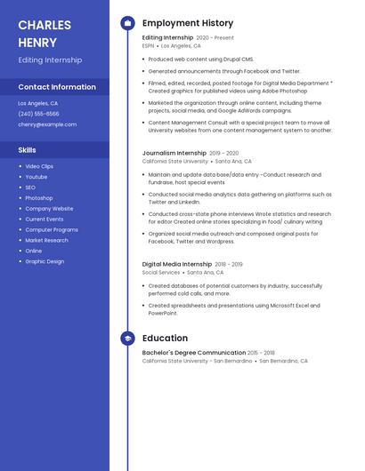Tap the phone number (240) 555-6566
coord(39,114)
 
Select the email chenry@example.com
coord(47,124)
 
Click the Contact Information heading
coord(57,87)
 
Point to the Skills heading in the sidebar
coord(28,150)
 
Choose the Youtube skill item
coord(36,177)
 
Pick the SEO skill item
coord(30,188)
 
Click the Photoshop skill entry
coord(39,198)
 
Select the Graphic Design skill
coord(45,261)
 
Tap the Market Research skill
coord(46,240)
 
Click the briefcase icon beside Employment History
coord(127,23)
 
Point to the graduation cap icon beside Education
coord(127,339)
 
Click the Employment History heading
coord(188,23)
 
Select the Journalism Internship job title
coord(174,153)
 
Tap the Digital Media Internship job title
coord(177,264)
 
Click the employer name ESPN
coord(148,45)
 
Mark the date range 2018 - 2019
coord(229,264)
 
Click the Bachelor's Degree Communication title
coord(194,353)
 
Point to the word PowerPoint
coord(164,313)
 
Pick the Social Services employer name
coord(161,273)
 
